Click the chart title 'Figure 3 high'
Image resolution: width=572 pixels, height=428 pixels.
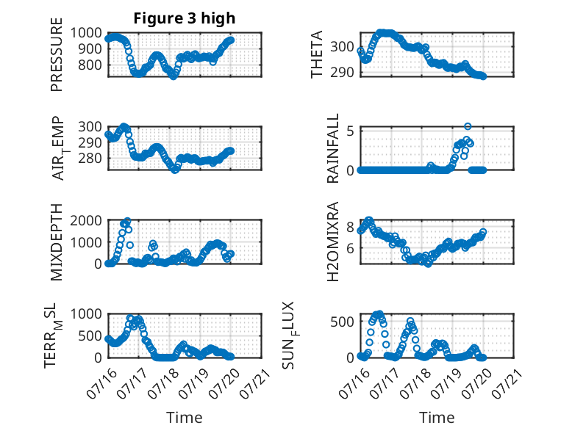tap(185, 18)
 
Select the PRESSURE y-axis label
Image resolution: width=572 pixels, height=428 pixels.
tap(57, 54)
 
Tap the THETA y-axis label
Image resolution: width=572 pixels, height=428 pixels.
tap(317, 54)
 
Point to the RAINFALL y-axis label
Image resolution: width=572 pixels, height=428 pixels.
tap(333, 148)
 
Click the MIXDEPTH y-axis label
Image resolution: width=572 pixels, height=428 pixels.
tap(57, 242)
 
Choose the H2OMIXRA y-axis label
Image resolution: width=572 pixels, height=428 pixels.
tap(333, 242)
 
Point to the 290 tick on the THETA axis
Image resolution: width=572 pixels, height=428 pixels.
tap(342, 73)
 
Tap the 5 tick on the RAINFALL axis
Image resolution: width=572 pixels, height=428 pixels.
tap(351, 131)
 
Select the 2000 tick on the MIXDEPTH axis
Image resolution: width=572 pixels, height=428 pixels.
tap(86, 220)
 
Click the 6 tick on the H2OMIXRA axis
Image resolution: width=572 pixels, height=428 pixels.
tap(351, 248)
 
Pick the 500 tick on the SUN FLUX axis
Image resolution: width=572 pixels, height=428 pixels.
tap(342, 322)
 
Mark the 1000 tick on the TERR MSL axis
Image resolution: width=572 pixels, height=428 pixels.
tap(86, 313)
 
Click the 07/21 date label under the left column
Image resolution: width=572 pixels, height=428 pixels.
tap(255, 382)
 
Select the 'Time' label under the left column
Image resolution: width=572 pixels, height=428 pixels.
tap(185, 417)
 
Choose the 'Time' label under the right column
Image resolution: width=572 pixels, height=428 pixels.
tap(437, 417)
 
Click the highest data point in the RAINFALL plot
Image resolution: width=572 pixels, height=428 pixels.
tap(468, 126)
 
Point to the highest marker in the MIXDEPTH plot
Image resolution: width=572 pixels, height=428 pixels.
tap(127, 221)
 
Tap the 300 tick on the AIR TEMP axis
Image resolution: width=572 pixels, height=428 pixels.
tap(90, 127)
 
